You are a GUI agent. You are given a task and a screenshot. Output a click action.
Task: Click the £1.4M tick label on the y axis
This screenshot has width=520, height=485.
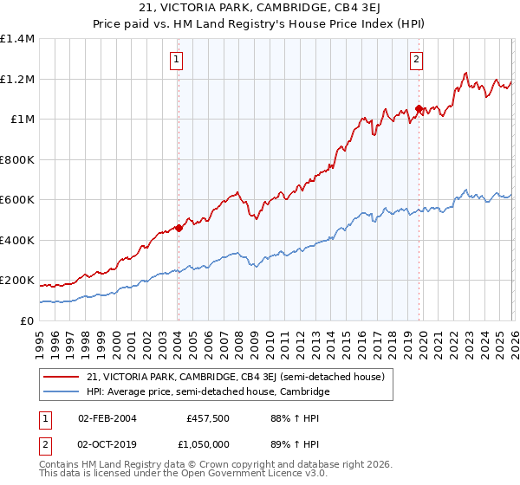(x=17, y=39)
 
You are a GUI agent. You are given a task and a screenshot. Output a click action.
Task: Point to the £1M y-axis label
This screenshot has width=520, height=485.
(x=22, y=120)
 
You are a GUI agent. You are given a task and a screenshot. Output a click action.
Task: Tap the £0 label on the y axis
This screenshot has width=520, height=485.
(x=27, y=320)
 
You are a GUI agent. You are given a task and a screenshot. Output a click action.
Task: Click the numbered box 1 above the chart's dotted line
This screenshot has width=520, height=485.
(x=177, y=60)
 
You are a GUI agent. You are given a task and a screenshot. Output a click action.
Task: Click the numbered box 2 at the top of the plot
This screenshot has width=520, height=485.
(x=417, y=60)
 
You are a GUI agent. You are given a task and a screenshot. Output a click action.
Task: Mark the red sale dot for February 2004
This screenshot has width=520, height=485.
(x=179, y=229)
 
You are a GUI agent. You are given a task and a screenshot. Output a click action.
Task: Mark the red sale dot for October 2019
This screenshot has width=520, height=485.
(x=419, y=109)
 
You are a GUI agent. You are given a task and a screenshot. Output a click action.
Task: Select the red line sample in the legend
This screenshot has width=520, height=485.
(x=62, y=377)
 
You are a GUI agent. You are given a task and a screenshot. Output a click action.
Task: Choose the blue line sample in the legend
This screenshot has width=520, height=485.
(x=62, y=391)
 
